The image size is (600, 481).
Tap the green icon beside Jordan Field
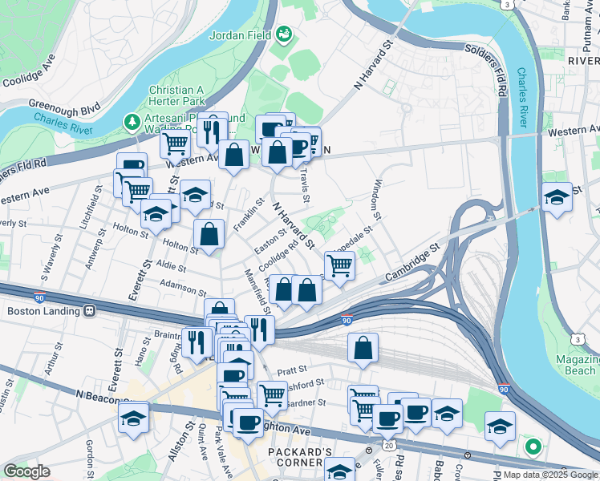pos(284,34)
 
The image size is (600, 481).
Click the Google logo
pos(26,471)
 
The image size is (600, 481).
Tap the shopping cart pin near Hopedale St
pos(340,265)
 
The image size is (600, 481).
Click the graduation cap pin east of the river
pos(557,197)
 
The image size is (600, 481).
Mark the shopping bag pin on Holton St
pos(209,235)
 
